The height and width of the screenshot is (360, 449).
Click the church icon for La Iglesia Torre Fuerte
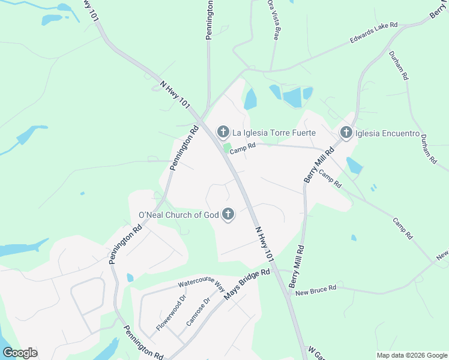click(223, 132)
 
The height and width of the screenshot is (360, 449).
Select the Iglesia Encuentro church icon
click(346, 133)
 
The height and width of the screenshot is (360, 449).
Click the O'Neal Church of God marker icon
click(228, 214)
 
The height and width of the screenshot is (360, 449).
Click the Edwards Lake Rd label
click(374, 34)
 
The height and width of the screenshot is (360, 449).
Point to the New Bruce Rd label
click(316, 289)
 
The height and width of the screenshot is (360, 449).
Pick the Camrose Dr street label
click(199, 311)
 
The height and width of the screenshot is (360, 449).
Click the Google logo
click(20, 353)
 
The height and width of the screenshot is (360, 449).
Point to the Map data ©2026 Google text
click(411, 355)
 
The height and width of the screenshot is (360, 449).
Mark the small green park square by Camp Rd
click(227, 148)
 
